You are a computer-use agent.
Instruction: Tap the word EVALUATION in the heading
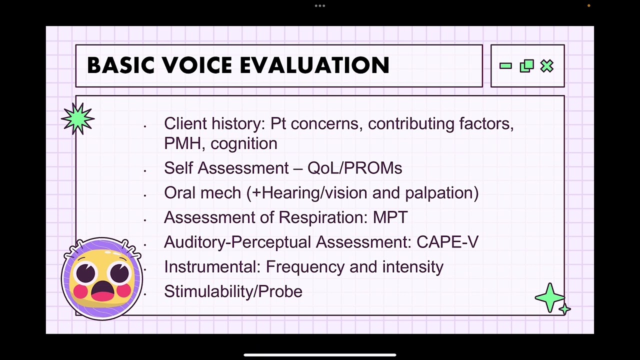[314, 65]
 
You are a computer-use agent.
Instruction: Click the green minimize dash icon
[505, 65]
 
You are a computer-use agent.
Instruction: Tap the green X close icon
[547, 66]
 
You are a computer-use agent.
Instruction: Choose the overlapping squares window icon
[526, 66]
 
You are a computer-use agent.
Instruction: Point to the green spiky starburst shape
[77, 118]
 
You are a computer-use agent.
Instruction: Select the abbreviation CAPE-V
[447, 242]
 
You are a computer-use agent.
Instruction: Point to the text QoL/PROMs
[354, 168]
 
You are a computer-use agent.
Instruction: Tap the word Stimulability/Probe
[233, 291]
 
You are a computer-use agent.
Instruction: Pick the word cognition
[244, 144]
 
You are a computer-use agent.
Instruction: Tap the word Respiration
[323, 217]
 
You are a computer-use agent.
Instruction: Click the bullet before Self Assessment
[144, 170]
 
